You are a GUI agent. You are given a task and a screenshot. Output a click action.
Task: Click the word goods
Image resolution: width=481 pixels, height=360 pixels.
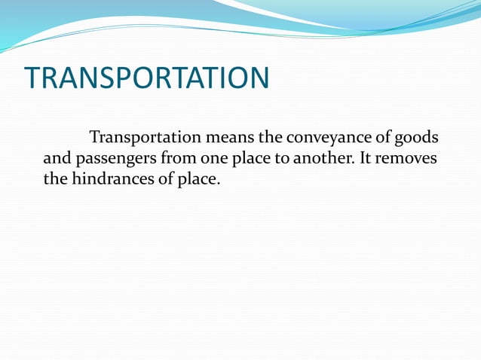click(x=418, y=139)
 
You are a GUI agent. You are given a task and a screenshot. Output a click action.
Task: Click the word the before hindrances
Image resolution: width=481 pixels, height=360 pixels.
click(x=55, y=181)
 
